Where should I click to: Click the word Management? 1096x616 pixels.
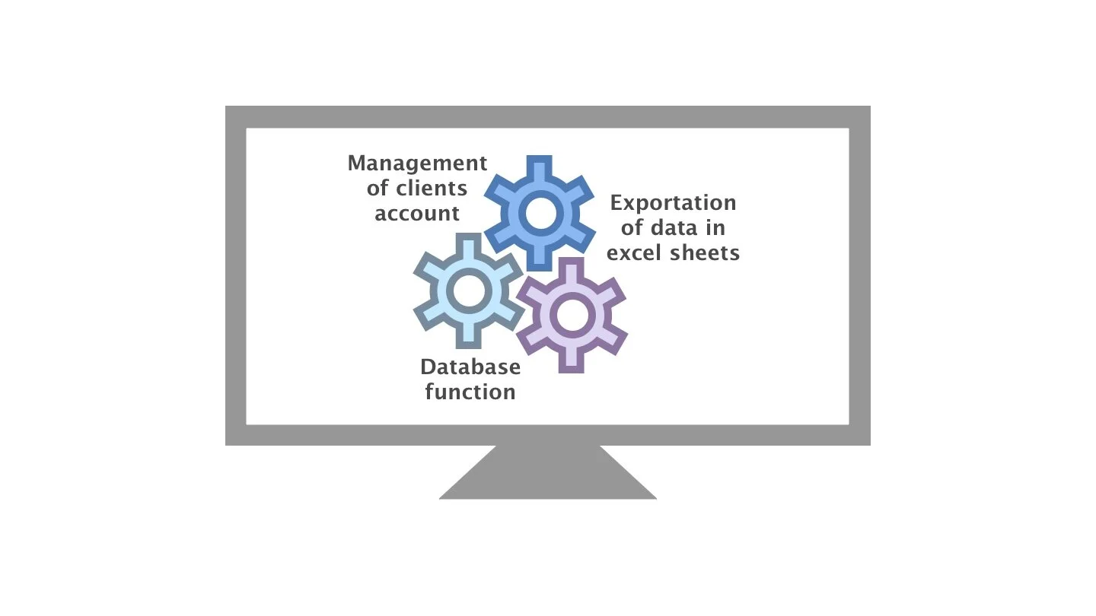[x=417, y=164]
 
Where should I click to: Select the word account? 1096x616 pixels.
[x=417, y=214]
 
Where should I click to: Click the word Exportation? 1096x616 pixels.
[x=674, y=203]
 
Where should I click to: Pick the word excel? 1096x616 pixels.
[x=636, y=252]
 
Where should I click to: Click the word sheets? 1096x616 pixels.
[x=705, y=252]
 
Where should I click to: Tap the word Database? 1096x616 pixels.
[x=470, y=367]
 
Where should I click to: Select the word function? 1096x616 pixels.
[x=470, y=392]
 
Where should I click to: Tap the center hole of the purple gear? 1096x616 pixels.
[x=571, y=315]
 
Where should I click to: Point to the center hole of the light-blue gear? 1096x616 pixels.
[x=467, y=290]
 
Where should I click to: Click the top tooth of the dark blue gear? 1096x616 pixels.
[x=540, y=165]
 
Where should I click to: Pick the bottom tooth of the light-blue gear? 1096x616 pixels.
[x=467, y=337]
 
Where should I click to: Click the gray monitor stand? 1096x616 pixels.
[x=548, y=475]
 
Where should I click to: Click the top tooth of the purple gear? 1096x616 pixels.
[x=571, y=268]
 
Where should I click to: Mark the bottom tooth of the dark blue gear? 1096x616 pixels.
[x=540, y=259]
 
